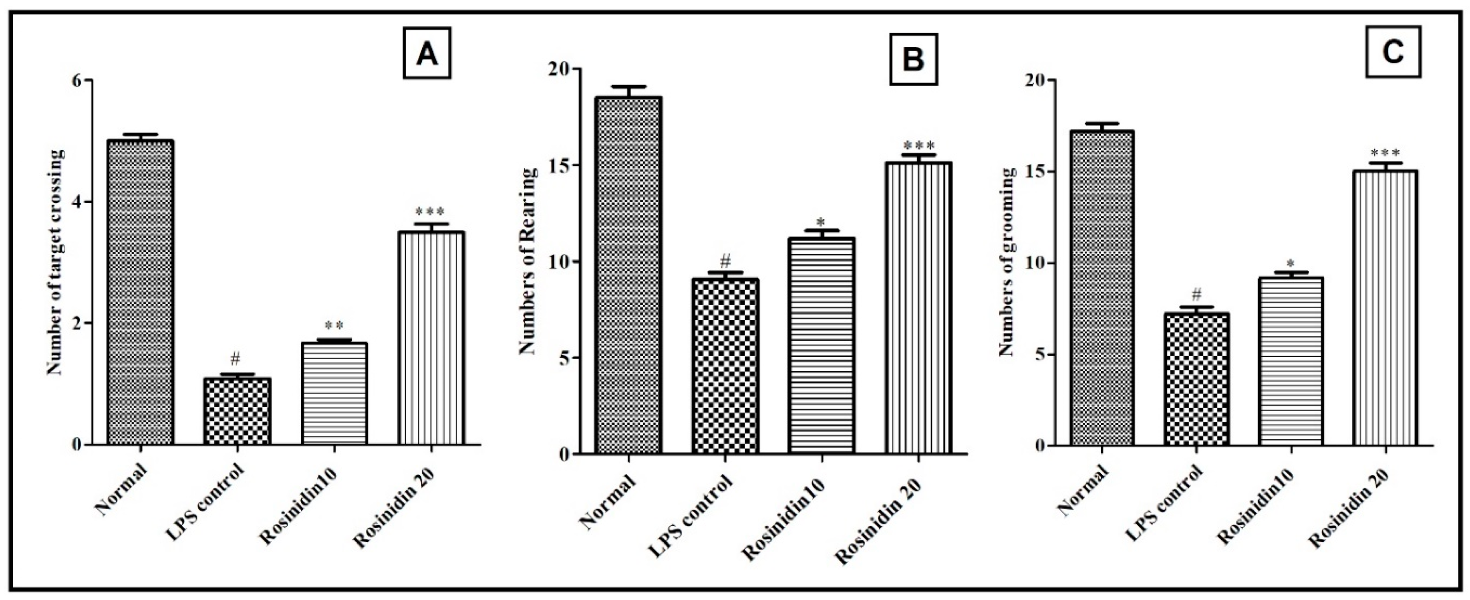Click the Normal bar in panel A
point(140,291)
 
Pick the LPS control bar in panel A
point(237,411)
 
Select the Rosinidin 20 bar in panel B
point(918,308)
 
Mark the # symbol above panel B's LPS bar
point(725,262)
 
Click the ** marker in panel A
point(334,326)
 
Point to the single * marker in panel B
point(821,222)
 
